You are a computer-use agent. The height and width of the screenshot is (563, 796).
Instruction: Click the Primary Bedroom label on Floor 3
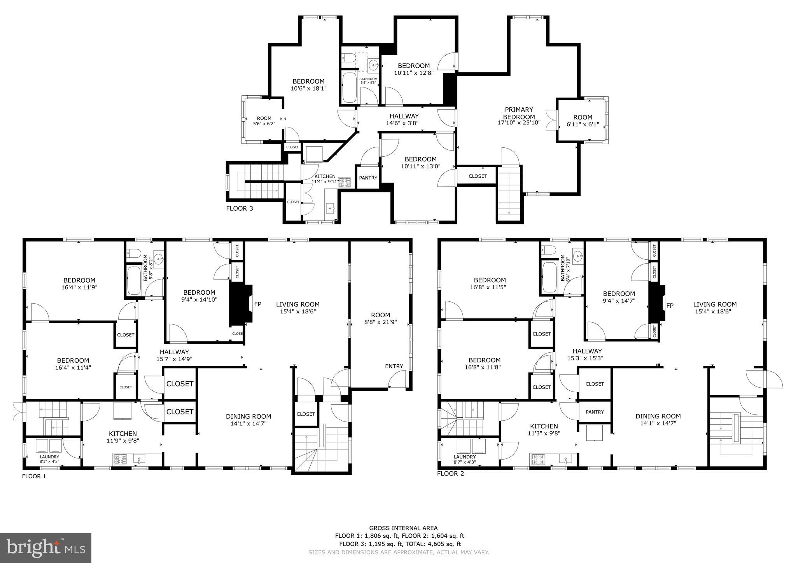pos(519,113)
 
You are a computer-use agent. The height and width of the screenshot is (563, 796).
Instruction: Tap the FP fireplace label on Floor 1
pos(257,304)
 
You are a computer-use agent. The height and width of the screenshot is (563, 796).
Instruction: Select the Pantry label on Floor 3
pos(368,178)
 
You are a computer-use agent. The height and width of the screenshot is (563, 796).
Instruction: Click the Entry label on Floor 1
pos(394,366)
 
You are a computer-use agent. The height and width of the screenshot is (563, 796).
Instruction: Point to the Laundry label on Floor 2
pos(464,457)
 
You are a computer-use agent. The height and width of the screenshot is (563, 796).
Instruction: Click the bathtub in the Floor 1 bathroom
pos(134,280)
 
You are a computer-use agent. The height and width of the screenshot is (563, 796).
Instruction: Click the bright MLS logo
pos(45,548)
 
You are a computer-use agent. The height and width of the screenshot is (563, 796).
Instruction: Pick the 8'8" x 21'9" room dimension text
pos(380,322)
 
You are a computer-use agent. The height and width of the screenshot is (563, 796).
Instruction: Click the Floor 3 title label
pos(240,208)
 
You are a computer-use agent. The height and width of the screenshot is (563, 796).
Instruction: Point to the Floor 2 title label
pos(450,474)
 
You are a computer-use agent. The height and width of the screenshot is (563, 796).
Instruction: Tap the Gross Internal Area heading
pos(403,528)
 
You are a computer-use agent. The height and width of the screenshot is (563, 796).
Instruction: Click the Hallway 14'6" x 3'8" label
pos(404,119)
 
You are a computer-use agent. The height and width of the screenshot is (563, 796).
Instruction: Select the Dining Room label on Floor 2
pos(658,416)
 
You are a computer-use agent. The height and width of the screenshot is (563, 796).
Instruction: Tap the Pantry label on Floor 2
pos(595,412)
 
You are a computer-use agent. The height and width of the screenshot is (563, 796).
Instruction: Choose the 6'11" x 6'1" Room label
pos(583,121)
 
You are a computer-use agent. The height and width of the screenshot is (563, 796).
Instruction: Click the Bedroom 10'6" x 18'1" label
pos(308,85)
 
